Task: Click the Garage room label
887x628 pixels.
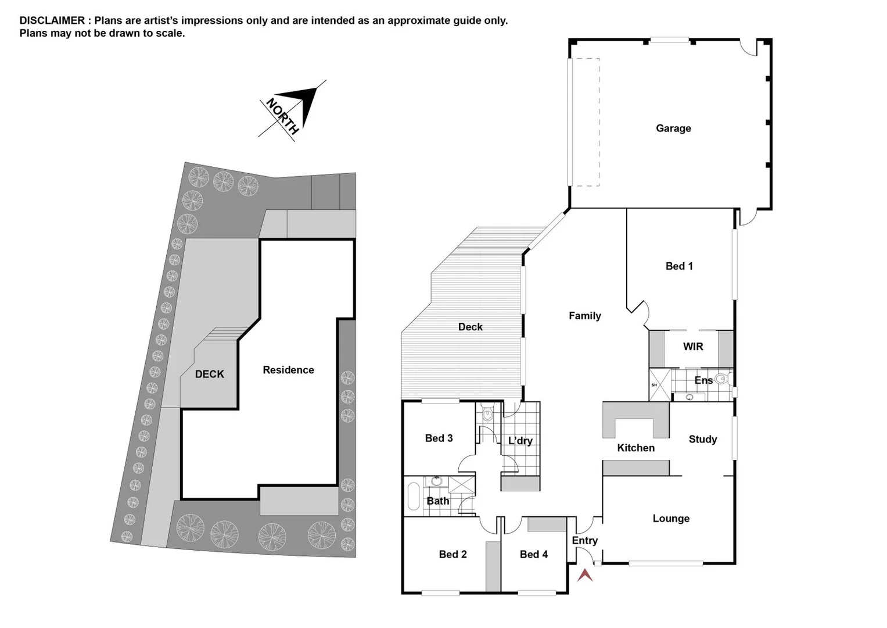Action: click(673, 129)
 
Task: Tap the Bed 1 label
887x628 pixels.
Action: click(678, 266)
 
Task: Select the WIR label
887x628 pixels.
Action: click(692, 347)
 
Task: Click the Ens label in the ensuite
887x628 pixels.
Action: click(703, 380)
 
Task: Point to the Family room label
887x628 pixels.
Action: click(584, 316)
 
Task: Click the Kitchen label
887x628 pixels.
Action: click(635, 448)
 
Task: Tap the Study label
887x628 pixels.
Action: click(702, 440)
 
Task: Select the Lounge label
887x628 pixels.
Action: click(671, 519)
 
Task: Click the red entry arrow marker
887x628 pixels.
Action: click(585, 575)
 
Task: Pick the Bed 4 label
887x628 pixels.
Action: click(533, 555)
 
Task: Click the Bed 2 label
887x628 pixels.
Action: click(453, 555)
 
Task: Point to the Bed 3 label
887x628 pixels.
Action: click(439, 438)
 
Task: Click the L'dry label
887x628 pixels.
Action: click(520, 441)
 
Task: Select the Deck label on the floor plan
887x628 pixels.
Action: click(470, 327)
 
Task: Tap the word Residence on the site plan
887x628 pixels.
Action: click(288, 370)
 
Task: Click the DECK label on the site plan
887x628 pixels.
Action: click(209, 374)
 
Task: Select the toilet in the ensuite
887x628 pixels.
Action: click(721, 380)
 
